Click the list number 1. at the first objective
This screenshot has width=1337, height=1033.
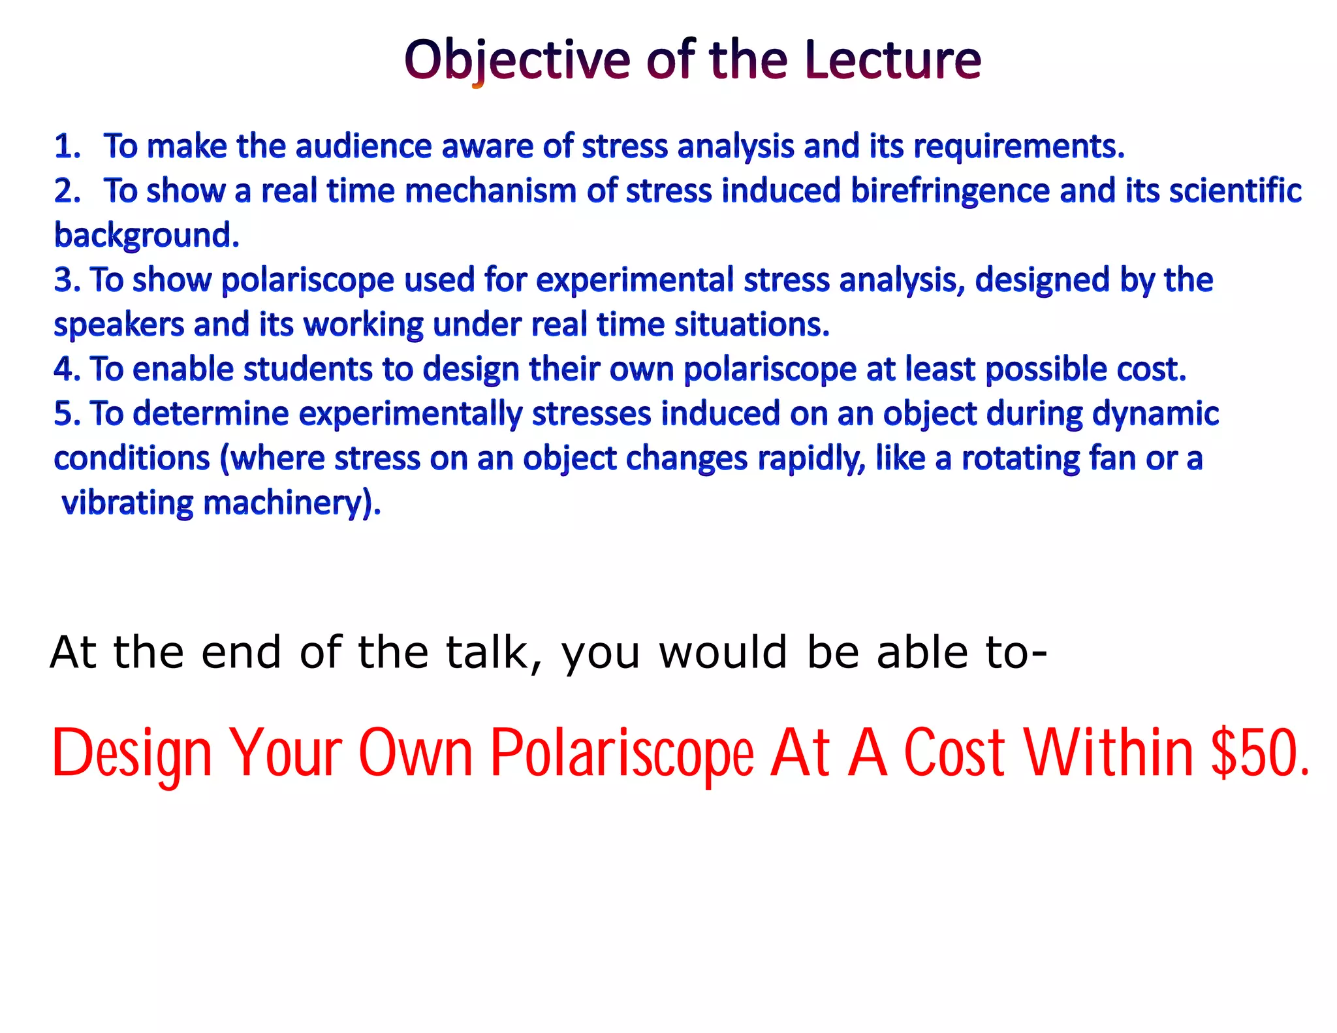click(x=67, y=146)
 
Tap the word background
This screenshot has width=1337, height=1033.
click(x=146, y=236)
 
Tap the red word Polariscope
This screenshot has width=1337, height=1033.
click(x=622, y=755)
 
